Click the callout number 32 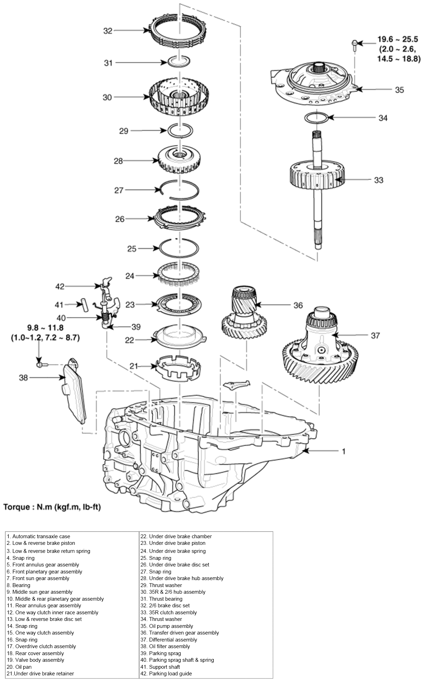108,31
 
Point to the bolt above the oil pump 354,44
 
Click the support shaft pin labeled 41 84,304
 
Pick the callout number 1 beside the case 343,451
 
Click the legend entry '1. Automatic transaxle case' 38,536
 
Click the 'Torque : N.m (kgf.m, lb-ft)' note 52,507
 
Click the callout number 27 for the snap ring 119,190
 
